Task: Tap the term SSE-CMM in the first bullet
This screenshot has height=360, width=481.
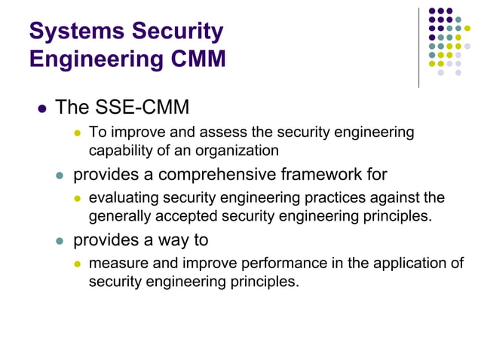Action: [x=143, y=107]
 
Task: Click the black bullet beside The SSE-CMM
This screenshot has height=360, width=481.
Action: [x=42, y=108]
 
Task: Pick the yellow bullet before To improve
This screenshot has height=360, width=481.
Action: [x=76, y=133]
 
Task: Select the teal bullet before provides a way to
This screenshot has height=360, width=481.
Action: [x=60, y=241]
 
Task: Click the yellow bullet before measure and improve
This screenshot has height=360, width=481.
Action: [x=76, y=264]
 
